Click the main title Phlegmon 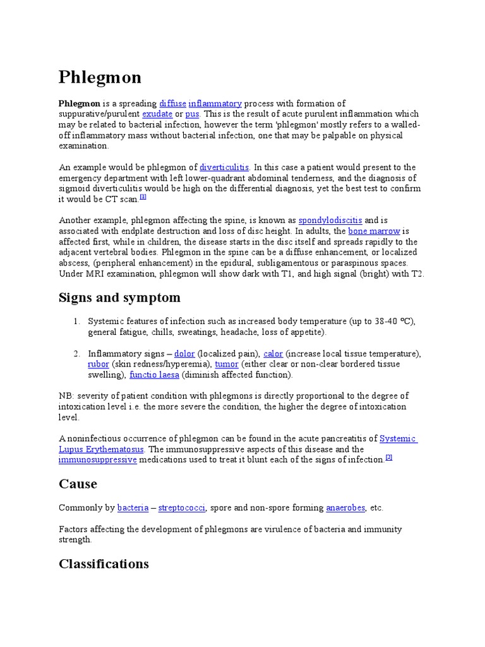click(x=100, y=77)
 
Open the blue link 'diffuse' click(x=172, y=104)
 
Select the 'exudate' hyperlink click(x=157, y=114)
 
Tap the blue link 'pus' click(x=192, y=114)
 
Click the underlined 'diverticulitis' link click(x=224, y=167)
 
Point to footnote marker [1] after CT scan click(x=143, y=197)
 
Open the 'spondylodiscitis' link click(x=330, y=221)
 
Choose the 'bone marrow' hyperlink click(x=374, y=231)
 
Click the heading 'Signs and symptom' click(x=119, y=298)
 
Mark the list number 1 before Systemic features click(x=76, y=322)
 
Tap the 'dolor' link click(x=184, y=353)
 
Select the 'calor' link click(x=273, y=353)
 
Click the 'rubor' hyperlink click(x=99, y=364)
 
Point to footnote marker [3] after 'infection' click(x=389, y=457)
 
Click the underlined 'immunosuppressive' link click(x=97, y=460)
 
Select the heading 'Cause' click(x=78, y=484)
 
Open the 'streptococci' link click(x=182, y=507)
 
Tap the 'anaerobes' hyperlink click(x=345, y=507)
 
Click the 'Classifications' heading click(x=104, y=564)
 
